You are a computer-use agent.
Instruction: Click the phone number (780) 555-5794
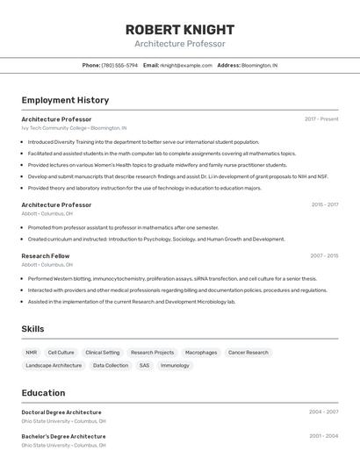tap(119, 65)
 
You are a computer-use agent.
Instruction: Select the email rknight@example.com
tap(186, 65)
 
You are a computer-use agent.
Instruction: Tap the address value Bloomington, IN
tap(259, 65)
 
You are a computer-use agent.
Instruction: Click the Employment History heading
tap(65, 100)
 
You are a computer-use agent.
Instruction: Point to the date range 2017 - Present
tap(321, 119)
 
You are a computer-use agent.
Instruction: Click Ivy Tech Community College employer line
tap(74, 128)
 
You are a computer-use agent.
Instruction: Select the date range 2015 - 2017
tap(324, 205)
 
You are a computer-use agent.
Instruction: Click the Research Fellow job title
tap(46, 256)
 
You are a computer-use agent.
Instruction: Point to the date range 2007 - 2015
tap(324, 256)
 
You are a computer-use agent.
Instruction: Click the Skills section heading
tap(33, 329)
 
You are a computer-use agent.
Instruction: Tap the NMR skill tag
tap(32, 353)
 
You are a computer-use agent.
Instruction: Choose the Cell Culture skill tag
tap(61, 353)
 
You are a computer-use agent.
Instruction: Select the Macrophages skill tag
tap(201, 353)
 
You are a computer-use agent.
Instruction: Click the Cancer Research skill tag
tap(248, 353)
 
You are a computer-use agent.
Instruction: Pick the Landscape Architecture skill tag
tap(54, 366)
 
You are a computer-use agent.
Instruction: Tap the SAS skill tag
tap(144, 366)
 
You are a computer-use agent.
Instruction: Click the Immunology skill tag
tap(175, 366)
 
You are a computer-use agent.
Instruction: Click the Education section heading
tap(43, 393)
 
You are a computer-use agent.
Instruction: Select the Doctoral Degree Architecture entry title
tap(61, 412)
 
